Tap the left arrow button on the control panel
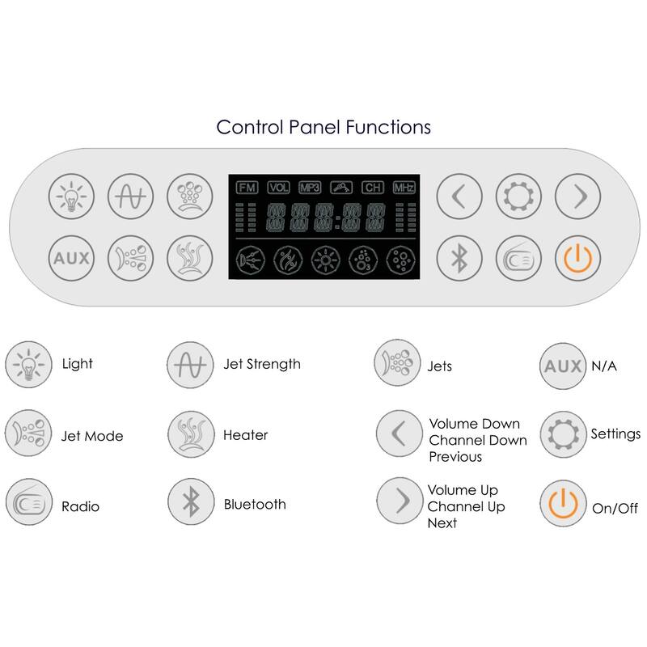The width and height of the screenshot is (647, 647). click(x=459, y=197)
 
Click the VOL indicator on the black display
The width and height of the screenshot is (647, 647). click(x=278, y=188)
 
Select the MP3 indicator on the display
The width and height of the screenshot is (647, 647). click(x=310, y=188)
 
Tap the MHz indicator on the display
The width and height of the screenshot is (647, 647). click(x=404, y=188)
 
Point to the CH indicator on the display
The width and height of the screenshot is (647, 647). click(x=372, y=188)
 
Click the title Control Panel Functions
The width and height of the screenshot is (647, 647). click(x=323, y=127)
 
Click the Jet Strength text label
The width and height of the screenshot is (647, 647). click(x=261, y=364)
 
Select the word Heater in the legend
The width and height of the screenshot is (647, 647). click(x=245, y=435)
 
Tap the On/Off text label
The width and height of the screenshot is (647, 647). click(x=614, y=509)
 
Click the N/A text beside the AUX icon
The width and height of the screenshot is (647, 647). click(x=603, y=366)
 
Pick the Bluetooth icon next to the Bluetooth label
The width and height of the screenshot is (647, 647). click(x=189, y=505)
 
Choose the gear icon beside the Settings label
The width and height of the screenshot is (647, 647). click(x=560, y=435)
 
